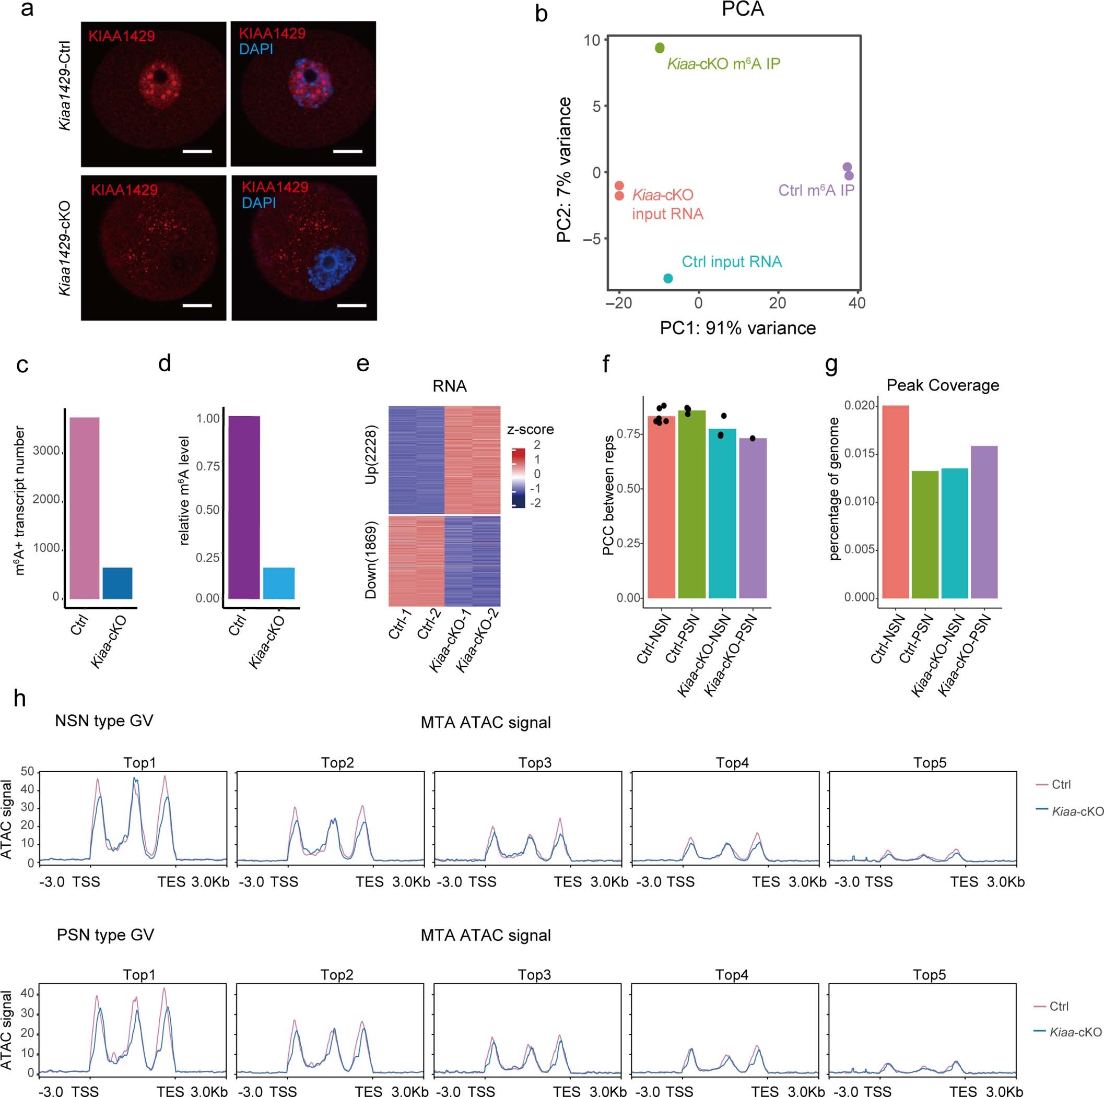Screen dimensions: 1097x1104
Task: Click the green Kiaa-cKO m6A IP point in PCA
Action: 660,48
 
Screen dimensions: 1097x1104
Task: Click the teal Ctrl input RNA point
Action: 668,278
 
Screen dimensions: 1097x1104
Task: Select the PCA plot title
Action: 742,9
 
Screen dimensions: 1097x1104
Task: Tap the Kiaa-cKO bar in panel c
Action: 117,583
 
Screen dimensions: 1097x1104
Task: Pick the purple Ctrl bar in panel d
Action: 244,507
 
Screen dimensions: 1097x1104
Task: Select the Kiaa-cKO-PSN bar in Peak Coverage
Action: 984,522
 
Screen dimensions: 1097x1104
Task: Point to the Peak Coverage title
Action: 942,385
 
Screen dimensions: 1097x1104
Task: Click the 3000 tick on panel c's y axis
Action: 46,450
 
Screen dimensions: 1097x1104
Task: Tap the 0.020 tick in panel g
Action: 860,406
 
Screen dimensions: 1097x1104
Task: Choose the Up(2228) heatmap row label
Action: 371,455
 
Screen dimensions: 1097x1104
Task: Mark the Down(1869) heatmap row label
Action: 371,560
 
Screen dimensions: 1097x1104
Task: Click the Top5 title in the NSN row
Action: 930,763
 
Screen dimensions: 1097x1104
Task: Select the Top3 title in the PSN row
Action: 534,975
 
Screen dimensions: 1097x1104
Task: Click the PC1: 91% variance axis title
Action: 738,328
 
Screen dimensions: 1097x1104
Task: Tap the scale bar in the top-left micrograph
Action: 197,151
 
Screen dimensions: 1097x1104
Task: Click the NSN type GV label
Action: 104,721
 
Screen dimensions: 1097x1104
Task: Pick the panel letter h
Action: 20,698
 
